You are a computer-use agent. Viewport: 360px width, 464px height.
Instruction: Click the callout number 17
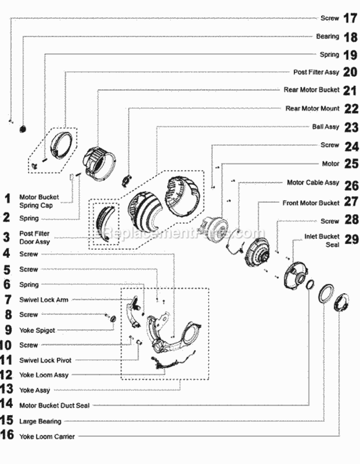[349, 19]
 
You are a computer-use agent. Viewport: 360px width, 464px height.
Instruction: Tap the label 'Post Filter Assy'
[315, 72]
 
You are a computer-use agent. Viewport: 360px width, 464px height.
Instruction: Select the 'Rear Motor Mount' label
[312, 108]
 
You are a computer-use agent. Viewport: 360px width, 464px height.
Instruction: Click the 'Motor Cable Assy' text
[313, 183]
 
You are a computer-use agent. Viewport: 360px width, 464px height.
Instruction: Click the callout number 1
[7, 199]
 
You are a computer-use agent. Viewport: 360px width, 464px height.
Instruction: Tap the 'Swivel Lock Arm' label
[44, 299]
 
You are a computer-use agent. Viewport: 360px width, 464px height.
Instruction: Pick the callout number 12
[7, 375]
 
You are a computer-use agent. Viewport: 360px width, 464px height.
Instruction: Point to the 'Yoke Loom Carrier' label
[47, 437]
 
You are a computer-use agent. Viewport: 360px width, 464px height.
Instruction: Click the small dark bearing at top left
[23, 128]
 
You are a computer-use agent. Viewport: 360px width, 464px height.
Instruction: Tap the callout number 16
[7, 436]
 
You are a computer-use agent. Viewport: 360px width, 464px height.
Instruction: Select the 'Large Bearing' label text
[40, 421]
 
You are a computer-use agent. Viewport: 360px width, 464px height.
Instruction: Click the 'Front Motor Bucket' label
[311, 203]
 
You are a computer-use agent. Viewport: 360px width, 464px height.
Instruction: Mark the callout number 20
[350, 72]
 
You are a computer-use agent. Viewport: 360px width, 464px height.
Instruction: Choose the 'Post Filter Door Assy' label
[35, 238]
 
